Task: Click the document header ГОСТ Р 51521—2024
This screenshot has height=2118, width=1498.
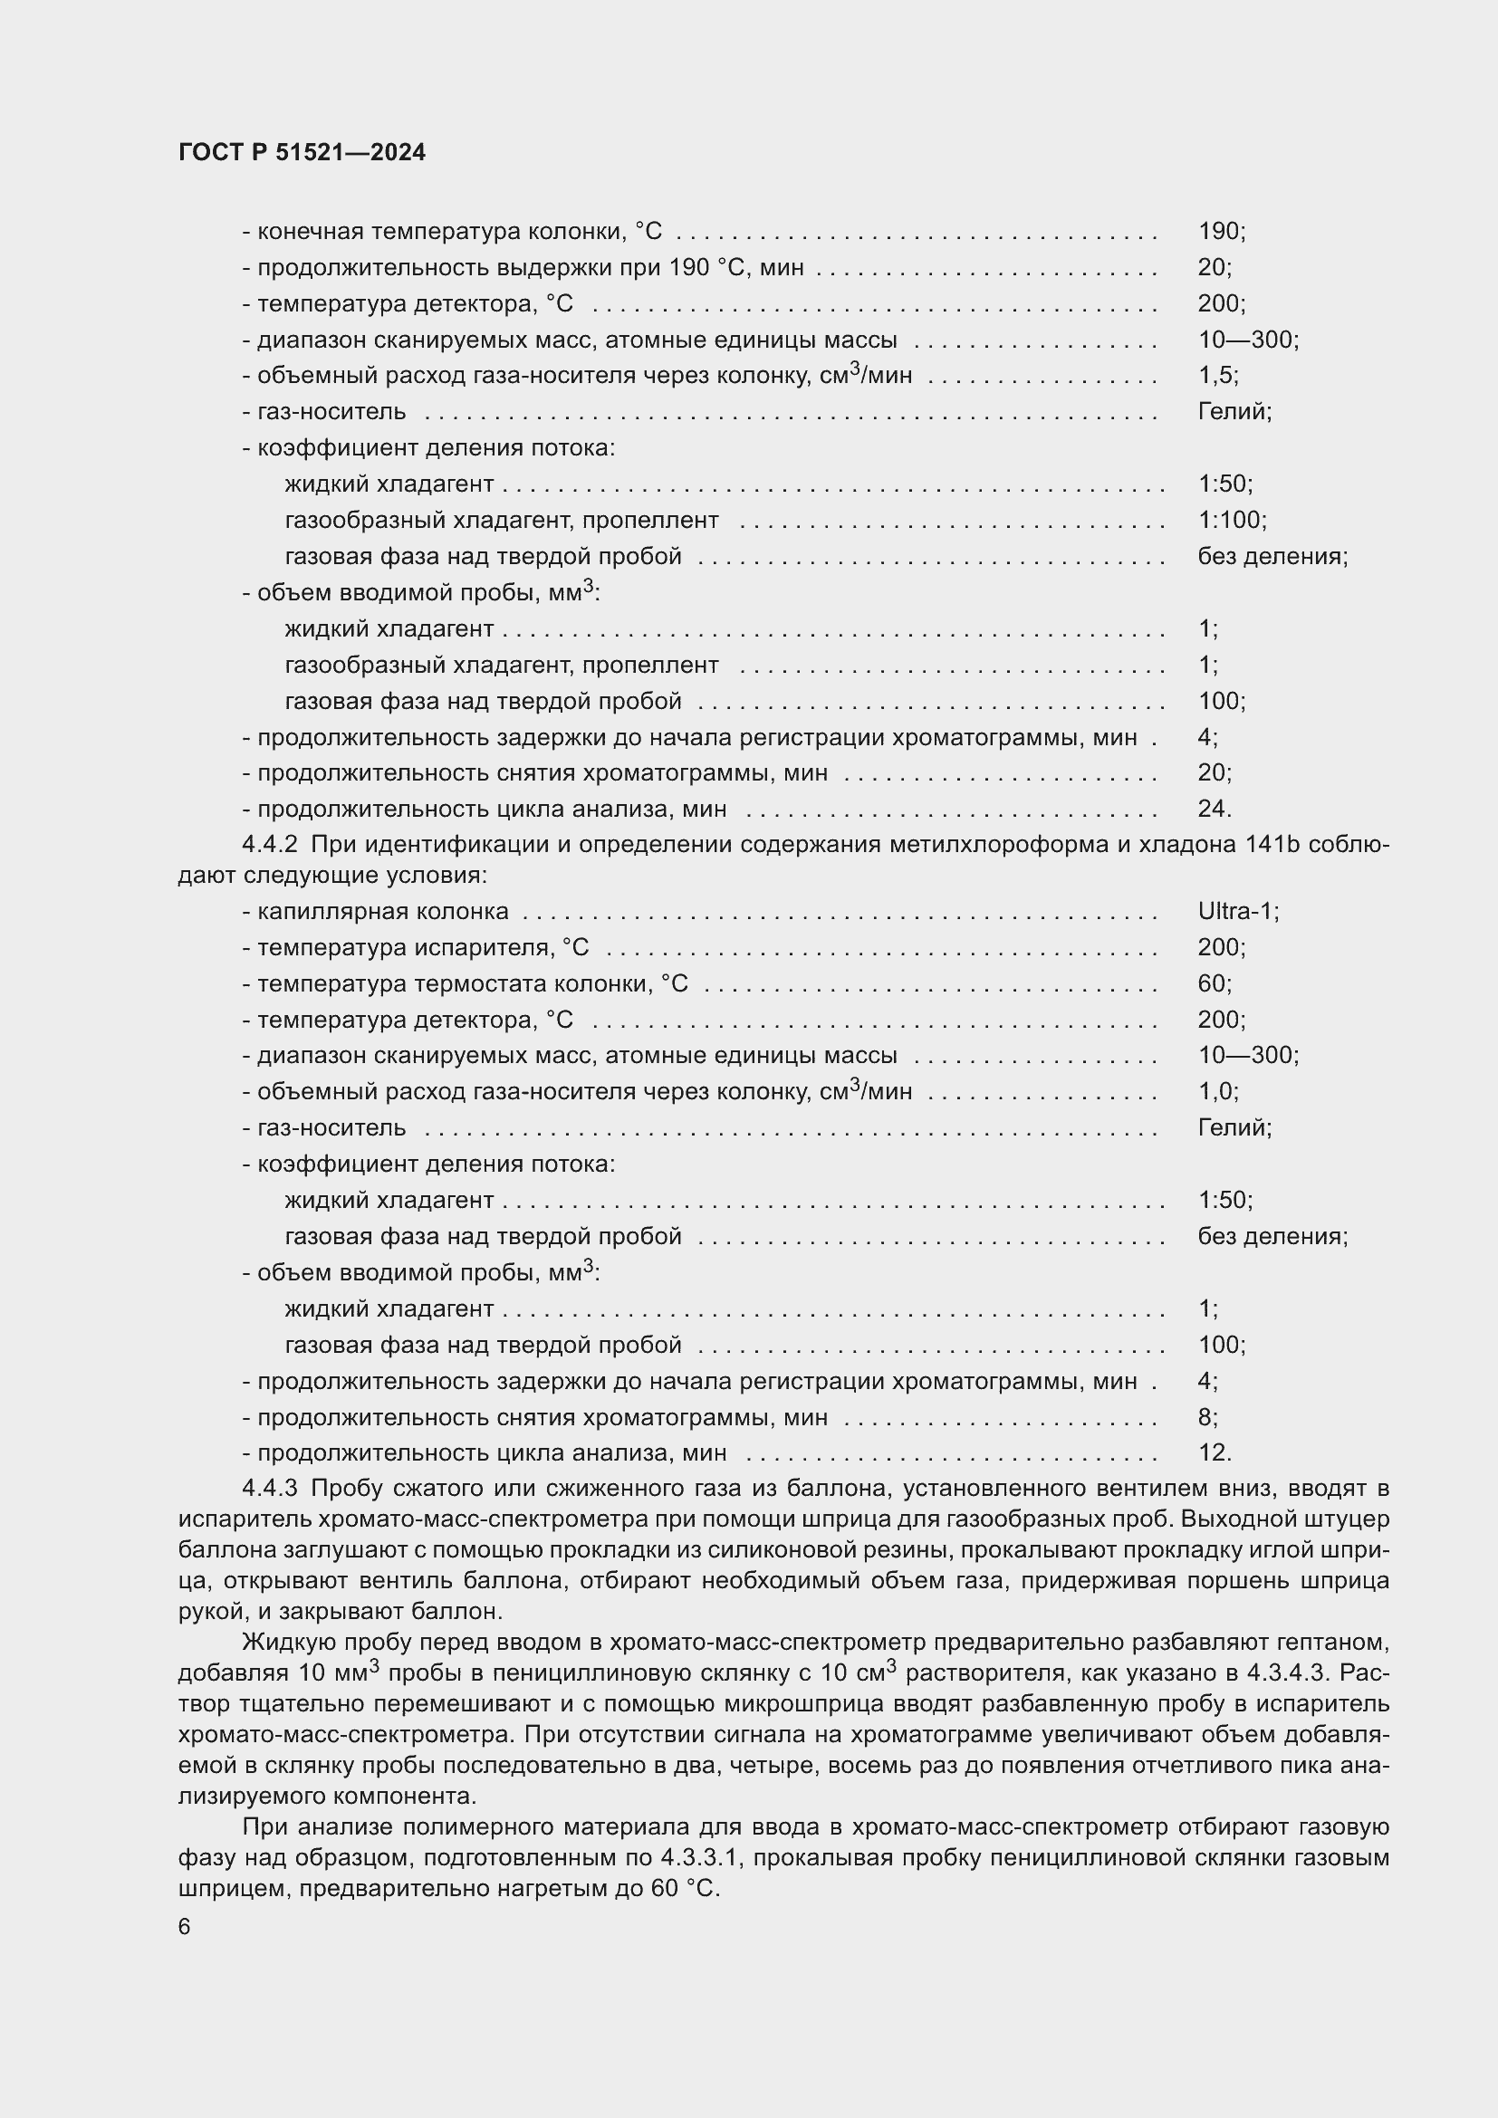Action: [x=302, y=152]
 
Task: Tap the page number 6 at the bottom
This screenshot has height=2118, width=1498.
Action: [x=185, y=1927]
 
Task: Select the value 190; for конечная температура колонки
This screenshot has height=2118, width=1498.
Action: [x=1221, y=232]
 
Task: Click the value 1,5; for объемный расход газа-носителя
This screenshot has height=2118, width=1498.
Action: [x=1217, y=376]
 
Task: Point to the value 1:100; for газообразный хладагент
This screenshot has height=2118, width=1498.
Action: [x=1232, y=521]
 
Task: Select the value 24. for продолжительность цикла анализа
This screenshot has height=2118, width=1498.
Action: [x=1214, y=809]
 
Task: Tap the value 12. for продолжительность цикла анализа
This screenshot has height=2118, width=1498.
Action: [x=1214, y=1452]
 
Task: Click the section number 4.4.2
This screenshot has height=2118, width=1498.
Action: [x=269, y=845]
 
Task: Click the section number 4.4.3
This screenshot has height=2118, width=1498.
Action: [x=269, y=1489]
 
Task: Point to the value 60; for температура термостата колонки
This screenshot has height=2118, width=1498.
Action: [x=1214, y=983]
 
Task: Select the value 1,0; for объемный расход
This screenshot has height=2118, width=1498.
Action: [x=1217, y=1092]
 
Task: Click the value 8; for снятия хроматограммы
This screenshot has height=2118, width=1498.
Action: [x=1207, y=1417]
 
